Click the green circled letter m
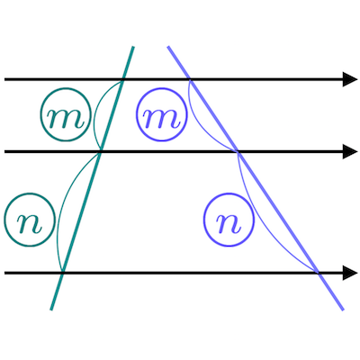click(x=66, y=114)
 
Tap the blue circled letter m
click(x=161, y=114)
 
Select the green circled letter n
click(x=30, y=220)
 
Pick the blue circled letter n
click(x=229, y=220)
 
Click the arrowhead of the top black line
click(x=350, y=79)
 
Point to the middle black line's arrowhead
click(x=350, y=152)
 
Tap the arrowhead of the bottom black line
click(x=350, y=273)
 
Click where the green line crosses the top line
click(x=122, y=79)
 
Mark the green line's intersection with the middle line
click(x=100, y=152)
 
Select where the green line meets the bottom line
click(x=62, y=273)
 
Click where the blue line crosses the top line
click(x=190, y=79)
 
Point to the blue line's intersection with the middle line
click(x=238, y=152)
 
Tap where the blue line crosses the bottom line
click(x=319, y=273)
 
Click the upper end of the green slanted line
click(x=133, y=47)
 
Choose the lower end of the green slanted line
click(x=51, y=310)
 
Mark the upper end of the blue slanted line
click(x=168, y=47)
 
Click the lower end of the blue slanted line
click(x=343, y=310)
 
